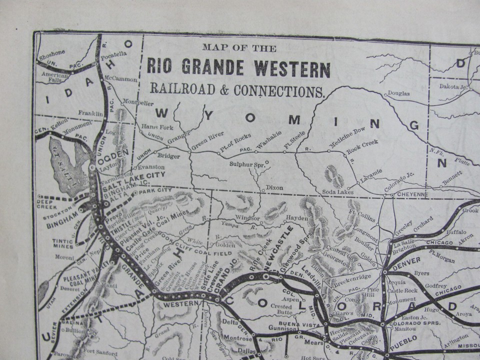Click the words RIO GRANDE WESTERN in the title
[238, 68]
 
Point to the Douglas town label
[398, 93]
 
